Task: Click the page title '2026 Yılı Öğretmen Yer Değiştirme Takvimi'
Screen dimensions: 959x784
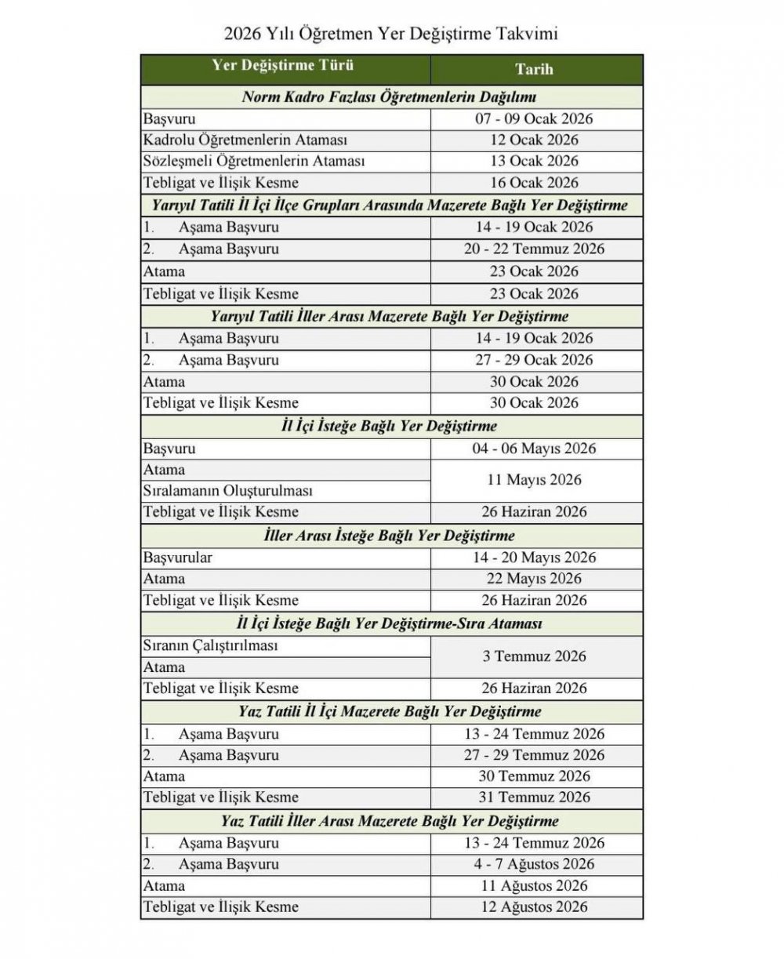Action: (x=391, y=34)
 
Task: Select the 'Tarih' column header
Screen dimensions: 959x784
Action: (x=534, y=69)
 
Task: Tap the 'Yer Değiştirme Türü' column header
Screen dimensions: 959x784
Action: (x=283, y=66)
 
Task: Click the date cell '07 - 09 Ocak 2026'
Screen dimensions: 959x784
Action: (x=534, y=119)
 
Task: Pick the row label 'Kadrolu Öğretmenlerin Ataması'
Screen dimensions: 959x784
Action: (x=245, y=140)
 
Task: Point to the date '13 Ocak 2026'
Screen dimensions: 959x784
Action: (x=534, y=162)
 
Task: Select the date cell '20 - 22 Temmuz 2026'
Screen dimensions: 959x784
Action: (x=534, y=249)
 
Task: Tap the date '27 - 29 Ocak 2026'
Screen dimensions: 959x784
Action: (x=534, y=361)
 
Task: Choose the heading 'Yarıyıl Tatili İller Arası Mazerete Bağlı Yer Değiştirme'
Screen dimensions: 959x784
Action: (x=389, y=317)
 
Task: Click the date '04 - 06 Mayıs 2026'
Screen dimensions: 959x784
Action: (x=534, y=449)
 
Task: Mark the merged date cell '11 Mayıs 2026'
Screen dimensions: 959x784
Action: (x=534, y=480)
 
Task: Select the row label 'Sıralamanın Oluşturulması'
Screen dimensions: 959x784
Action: (x=227, y=491)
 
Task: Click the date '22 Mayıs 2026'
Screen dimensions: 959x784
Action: (x=534, y=579)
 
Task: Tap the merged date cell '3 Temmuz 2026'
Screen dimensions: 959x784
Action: (x=534, y=656)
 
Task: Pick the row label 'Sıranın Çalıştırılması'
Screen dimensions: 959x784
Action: (x=211, y=646)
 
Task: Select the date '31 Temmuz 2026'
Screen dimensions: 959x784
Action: (x=534, y=797)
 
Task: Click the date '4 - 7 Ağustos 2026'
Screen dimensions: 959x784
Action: (x=534, y=864)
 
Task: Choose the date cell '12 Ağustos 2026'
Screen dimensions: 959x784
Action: (x=534, y=907)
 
